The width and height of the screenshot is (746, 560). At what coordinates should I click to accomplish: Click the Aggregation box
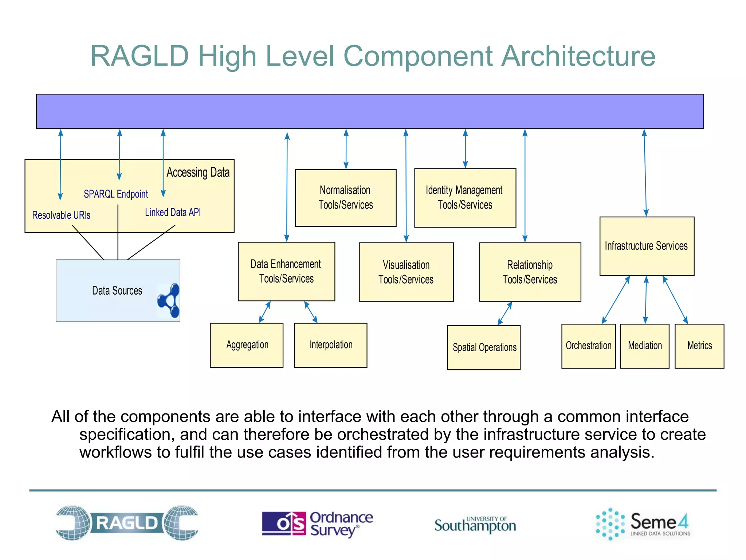pos(247,345)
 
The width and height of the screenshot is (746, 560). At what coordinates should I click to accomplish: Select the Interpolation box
pos(330,345)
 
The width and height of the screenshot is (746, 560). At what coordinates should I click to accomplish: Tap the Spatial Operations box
pos(484,347)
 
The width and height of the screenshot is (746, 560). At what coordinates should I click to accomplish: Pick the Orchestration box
pos(588,346)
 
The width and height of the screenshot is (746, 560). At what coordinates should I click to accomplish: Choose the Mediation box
pos(644,346)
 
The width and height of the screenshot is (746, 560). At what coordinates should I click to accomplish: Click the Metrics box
pos(699,346)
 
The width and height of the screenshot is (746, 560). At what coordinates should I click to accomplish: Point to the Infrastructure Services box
pos(647,246)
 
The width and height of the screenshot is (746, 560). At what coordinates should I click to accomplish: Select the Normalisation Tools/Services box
pos(346,198)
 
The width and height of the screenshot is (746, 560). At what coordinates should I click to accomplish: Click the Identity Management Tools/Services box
pos(465,198)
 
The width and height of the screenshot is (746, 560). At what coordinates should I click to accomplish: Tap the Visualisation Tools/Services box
pos(406,272)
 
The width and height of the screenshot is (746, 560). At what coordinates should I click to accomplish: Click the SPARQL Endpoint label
pos(116,194)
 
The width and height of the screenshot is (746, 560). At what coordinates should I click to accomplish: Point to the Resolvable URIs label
pos(61,215)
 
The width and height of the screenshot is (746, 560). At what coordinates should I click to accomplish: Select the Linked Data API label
pos(173,213)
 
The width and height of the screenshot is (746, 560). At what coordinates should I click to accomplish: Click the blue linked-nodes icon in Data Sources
pos(169,301)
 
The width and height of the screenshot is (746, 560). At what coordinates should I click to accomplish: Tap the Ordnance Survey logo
pos(317,524)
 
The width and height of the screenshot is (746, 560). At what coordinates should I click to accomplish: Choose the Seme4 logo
pos(643,524)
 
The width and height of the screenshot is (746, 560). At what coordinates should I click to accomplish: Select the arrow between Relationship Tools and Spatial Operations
pos(505,313)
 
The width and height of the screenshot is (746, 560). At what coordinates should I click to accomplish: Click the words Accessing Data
pos(198,172)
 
